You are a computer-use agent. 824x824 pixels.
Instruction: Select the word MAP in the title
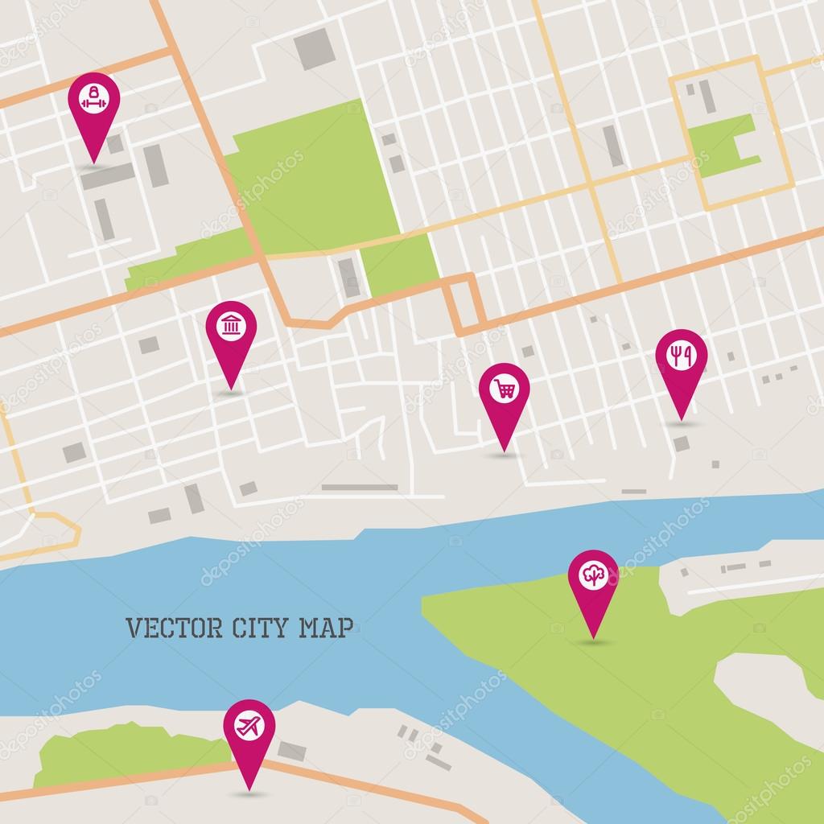pyautogui.click(x=326, y=628)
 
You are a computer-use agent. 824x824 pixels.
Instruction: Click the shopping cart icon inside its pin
pyautogui.click(x=505, y=389)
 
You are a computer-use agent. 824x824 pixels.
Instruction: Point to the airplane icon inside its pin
pyautogui.click(x=249, y=725)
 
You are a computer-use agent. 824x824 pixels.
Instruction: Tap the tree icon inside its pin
pyautogui.click(x=594, y=575)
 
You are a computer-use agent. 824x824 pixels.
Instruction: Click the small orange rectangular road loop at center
pyautogui.click(x=463, y=304)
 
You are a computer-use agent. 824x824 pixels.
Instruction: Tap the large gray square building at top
pyautogui.click(x=314, y=48)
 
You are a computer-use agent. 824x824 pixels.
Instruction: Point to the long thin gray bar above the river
pyautogui.click(x=360, y=487)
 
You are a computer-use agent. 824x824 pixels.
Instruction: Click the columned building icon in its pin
pyautogui.click(x=231, y=327)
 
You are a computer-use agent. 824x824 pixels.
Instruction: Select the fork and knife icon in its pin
pyautogui.click(x=681, y=356)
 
